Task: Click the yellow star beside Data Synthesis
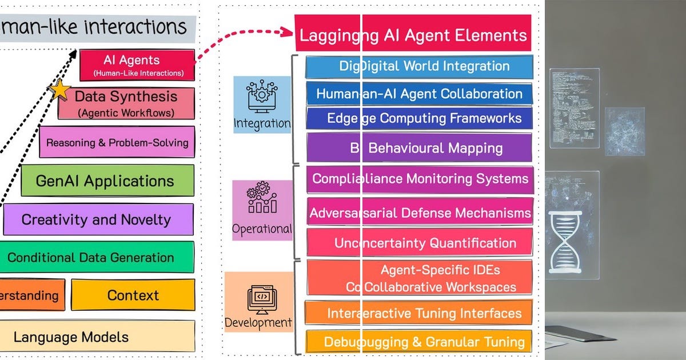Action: coord(60,90)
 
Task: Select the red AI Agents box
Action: coord(137,65)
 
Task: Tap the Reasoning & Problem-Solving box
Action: coord(117,142)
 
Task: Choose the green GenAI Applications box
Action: coord(107,181)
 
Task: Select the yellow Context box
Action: coord(133,295)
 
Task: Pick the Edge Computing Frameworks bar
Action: coord(419,118)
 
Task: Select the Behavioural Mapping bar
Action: coord(419,148)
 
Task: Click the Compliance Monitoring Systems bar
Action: coord(419,179)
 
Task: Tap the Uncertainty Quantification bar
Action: coord(419,243)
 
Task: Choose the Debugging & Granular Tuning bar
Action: coord(419,342)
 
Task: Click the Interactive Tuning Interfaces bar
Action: coord(419,313)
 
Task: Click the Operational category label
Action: coord(262,229)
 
